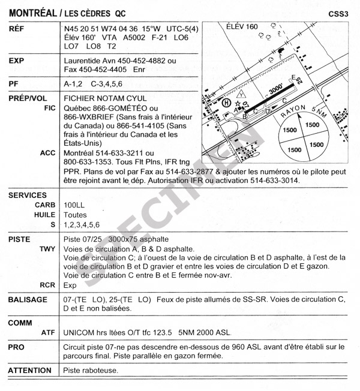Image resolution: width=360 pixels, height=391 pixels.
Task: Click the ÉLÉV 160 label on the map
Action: point(242,27)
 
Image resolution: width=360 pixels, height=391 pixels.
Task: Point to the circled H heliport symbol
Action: point(226,103)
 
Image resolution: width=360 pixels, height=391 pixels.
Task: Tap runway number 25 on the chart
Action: point(295,79)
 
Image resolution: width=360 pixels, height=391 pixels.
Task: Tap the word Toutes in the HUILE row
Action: point(75,215)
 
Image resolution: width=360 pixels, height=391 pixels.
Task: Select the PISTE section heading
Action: point(19,239)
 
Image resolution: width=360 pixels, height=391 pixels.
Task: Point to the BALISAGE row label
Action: point(28,299)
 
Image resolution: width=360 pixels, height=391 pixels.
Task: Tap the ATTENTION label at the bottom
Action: point(30,371)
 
